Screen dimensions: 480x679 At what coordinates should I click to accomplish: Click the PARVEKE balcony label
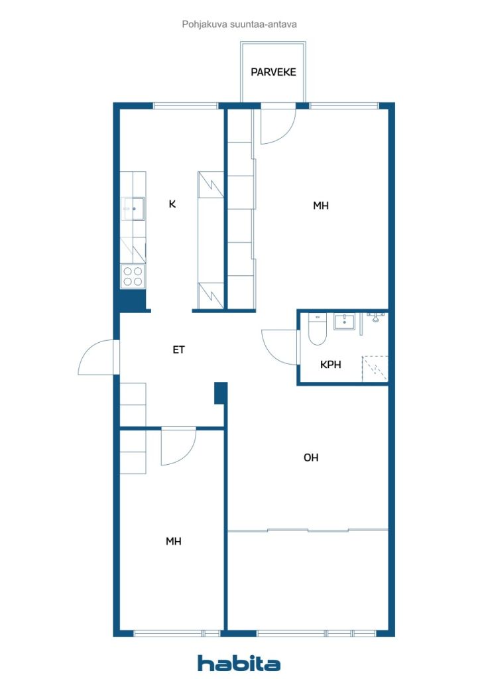coord(273,72)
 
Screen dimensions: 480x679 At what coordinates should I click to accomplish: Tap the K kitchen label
coord(172,204)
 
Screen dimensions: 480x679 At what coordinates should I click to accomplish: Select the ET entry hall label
coord(179,349)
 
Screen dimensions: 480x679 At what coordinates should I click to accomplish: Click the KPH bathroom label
coord(331,365)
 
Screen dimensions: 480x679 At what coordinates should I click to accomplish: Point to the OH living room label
coord(311,458)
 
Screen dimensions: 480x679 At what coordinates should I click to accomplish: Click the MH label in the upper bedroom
coord(321,206)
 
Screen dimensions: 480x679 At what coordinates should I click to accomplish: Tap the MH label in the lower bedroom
coord(174,541)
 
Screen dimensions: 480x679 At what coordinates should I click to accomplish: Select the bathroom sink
coord(344,322)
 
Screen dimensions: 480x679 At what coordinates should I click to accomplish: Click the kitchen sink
coord(134,209)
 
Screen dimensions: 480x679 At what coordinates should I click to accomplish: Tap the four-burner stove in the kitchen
coord(133,277)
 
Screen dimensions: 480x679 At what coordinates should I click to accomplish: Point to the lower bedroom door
coord(178,446)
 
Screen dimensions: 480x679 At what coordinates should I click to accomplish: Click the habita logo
coord(239,663)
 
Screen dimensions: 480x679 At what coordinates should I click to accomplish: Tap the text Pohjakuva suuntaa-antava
coord(239,25)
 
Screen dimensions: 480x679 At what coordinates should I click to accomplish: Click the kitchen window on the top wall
coord(186,105)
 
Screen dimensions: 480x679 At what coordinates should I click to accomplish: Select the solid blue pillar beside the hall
coord(221,393)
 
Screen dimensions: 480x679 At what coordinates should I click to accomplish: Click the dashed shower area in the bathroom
coord(375,369)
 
